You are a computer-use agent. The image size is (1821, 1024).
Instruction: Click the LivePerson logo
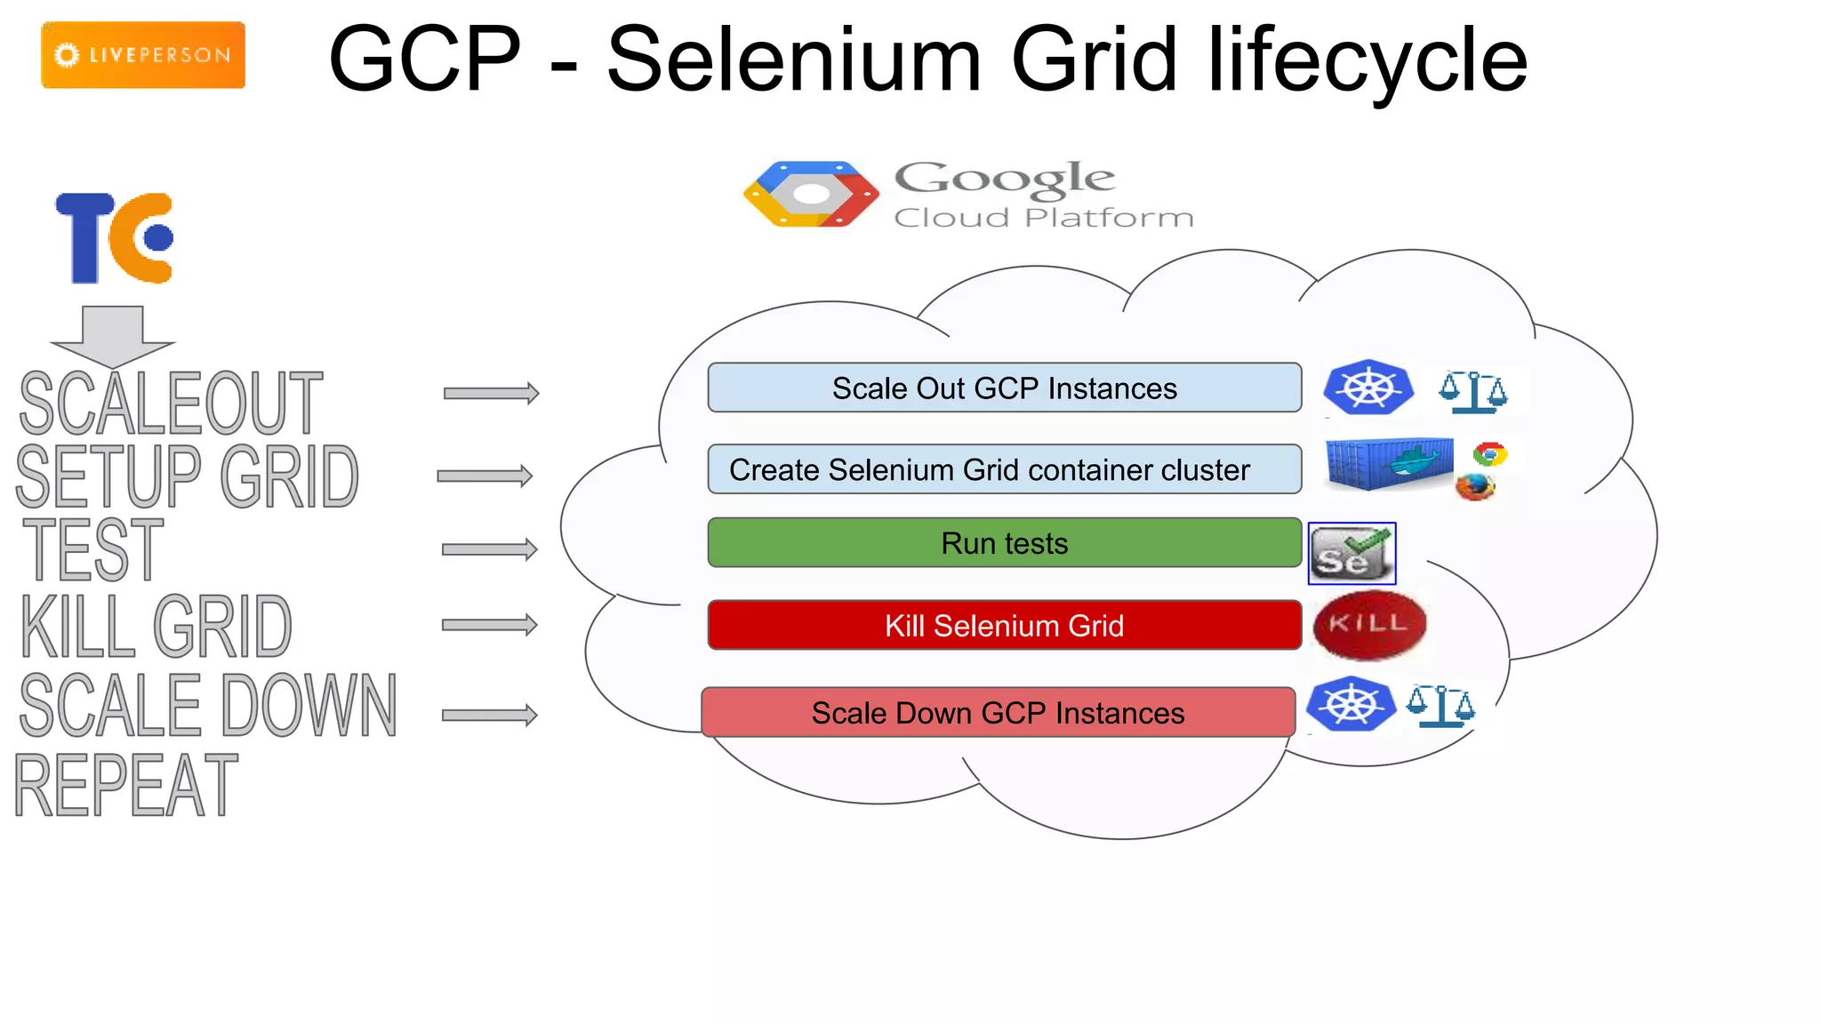coord(143,55)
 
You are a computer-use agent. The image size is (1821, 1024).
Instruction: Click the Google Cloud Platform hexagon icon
coord(811,194)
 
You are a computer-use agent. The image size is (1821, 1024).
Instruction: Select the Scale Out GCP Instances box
coord(1004,388)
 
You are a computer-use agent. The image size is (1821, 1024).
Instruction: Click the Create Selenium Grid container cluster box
coord(1004,469)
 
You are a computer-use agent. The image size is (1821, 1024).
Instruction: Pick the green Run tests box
coord(1004,543)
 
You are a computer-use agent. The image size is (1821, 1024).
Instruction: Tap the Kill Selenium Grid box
coord(1004,625)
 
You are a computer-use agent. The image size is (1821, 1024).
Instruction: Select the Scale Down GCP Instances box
coord(998,712)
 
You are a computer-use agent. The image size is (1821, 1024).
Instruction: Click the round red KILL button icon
coord(1369,625)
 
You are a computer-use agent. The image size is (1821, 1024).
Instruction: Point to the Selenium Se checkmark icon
coord(1352,554)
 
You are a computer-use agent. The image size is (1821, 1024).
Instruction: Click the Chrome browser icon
coord(1489,454)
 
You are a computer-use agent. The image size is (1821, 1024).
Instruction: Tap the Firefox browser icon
coord(1475,486)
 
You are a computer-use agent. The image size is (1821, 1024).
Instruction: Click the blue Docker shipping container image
coord(1388,463)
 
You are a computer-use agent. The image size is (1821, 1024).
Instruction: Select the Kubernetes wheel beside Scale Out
coord(1368,388)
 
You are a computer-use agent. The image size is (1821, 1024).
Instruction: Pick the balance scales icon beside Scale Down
coord(1440,707)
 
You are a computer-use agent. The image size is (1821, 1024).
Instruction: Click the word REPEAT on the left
coord(126,785)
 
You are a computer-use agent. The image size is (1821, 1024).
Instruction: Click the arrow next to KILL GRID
coord(490,625)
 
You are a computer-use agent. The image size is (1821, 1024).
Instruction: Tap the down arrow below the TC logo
coord(113,336)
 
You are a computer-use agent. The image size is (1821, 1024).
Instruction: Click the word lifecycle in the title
coord(1367,60)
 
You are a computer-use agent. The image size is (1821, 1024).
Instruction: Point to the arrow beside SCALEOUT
coord(492,393)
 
